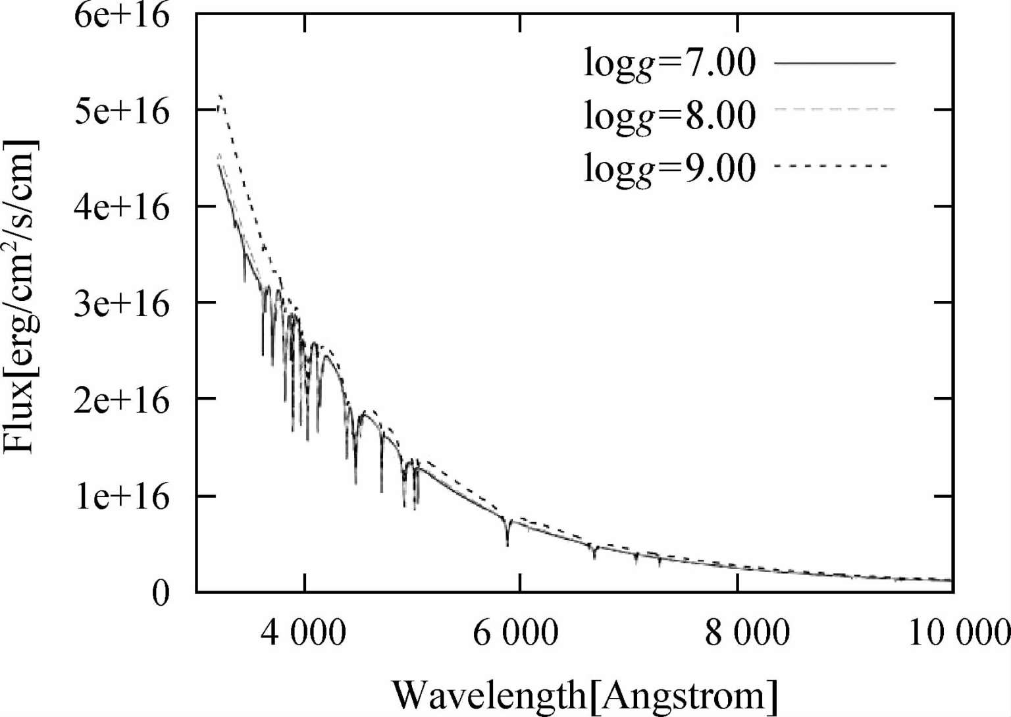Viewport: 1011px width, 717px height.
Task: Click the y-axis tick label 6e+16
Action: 121,15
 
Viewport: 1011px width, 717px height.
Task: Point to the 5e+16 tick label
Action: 121,111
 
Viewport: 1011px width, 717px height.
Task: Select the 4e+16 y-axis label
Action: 121,207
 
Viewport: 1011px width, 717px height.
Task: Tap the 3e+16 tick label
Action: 121,304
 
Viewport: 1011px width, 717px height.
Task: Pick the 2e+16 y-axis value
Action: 121,400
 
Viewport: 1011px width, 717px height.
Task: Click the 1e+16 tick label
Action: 121,496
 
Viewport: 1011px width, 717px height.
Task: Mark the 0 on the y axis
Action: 160,593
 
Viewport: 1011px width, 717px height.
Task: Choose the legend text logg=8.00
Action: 670,115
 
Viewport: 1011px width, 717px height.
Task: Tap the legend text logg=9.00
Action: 670,167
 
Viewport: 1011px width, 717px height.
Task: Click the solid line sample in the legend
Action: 835,63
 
